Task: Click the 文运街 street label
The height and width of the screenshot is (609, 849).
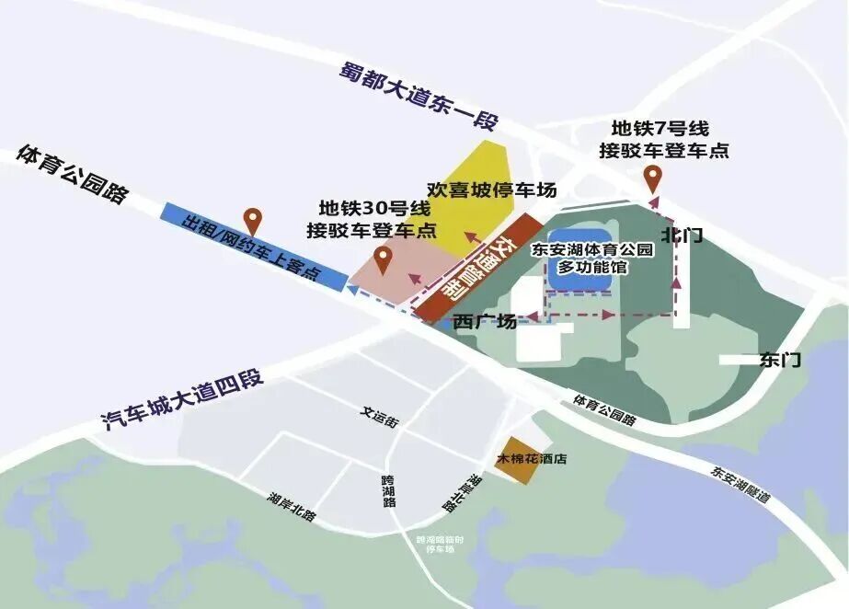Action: point(379,414)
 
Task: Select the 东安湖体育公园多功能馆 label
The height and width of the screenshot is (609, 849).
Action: point(592,258)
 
